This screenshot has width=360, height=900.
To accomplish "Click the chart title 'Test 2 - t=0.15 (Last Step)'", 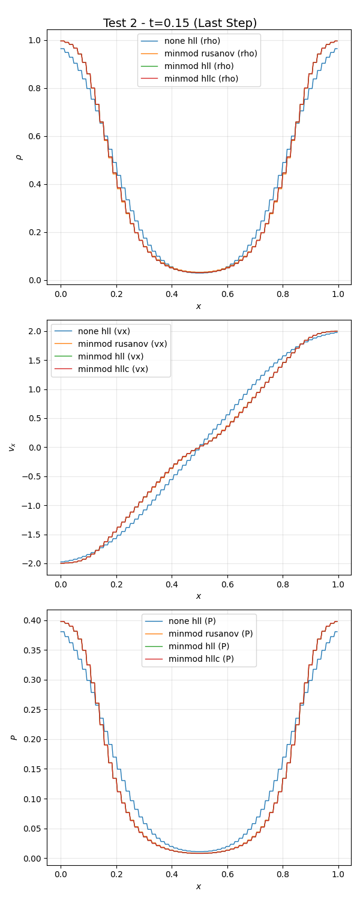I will (180, 23).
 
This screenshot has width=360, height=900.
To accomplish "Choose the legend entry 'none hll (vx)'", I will (104, 331).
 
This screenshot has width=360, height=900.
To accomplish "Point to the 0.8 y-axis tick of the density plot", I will (34, 88).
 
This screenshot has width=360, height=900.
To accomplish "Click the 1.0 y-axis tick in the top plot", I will (34, 40).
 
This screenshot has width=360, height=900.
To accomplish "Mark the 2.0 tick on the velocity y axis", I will (34, 331).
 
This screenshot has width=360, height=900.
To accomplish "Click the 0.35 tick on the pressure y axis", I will (31, 650).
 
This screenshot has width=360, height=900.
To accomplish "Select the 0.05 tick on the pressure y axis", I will (31, 829).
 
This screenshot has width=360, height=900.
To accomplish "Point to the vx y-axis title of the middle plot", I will (12, 447).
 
